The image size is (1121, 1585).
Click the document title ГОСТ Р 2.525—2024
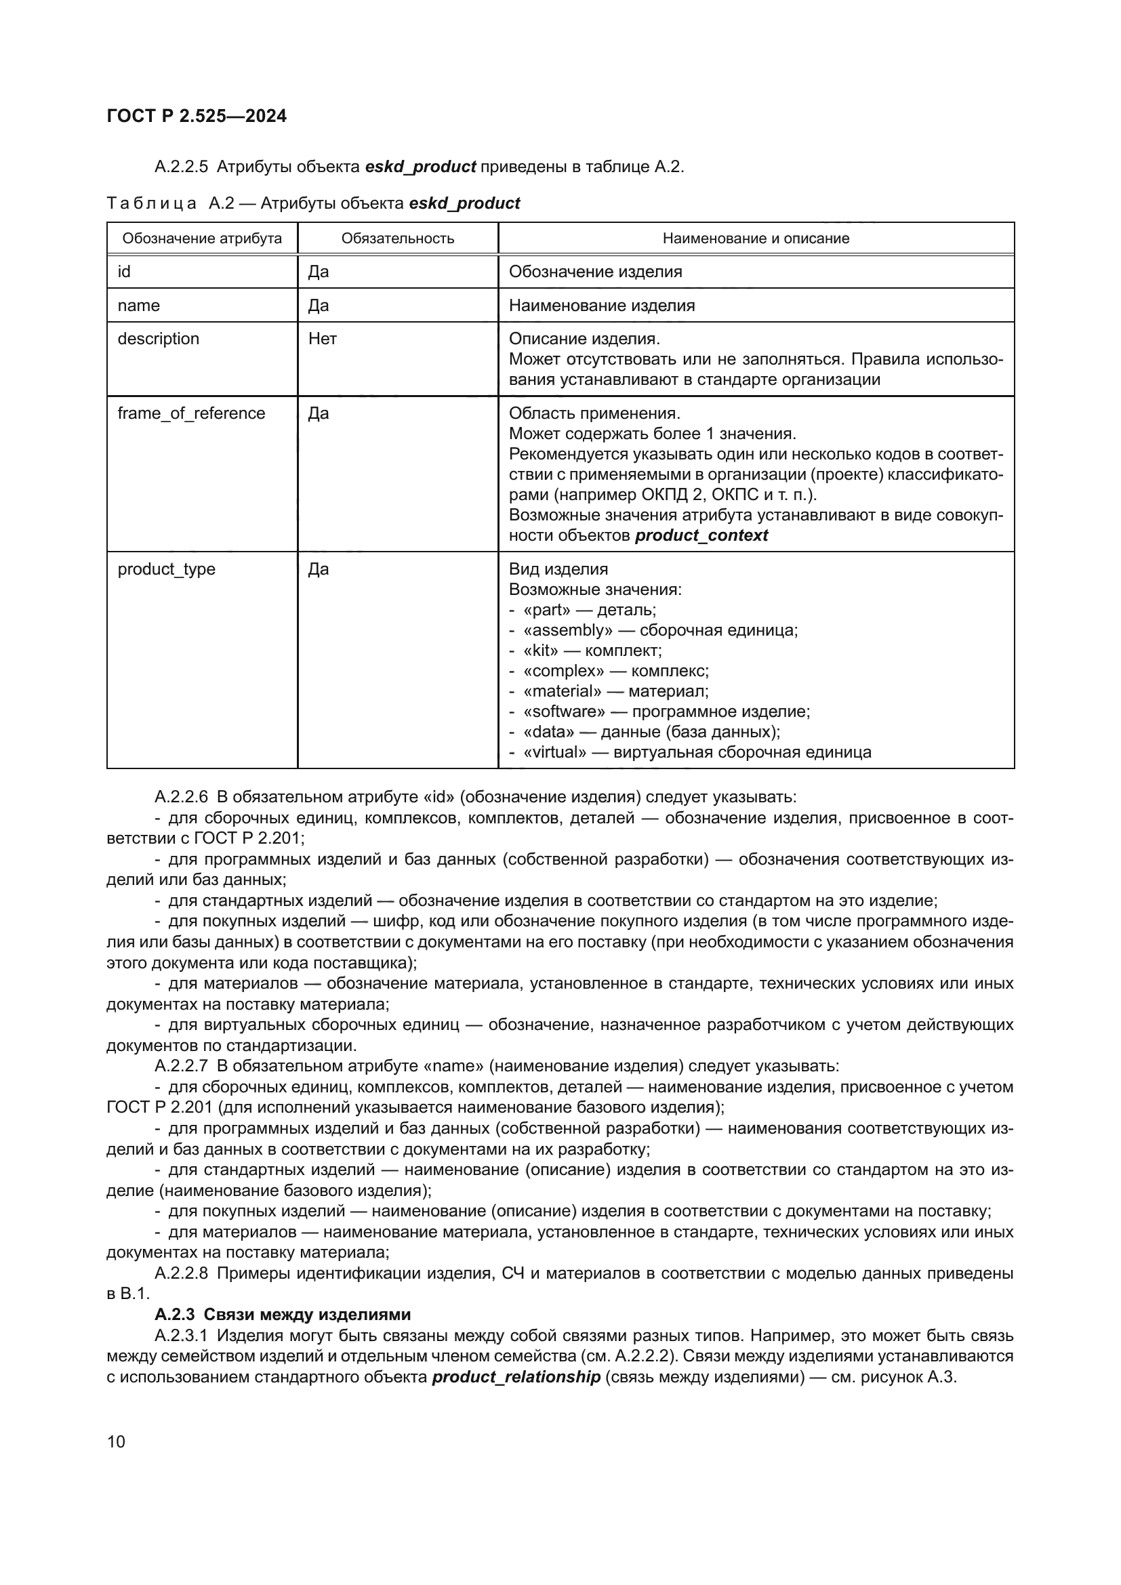click(x=197, y=116)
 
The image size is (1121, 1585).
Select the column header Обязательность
click(x=398, y=239)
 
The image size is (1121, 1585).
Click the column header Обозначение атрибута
click(x=201, y=239)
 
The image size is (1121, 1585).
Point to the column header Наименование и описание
click(x=756, y=239)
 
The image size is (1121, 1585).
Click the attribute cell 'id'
click(x=124, y=272)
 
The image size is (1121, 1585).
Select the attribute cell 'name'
click(x=139, y=306)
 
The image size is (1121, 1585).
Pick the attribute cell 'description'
click(x=158, y=339)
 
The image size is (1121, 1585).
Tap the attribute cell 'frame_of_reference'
click(x=191, y=413)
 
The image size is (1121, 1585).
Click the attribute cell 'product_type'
click(x=166, y=569)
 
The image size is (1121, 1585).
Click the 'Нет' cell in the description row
click(x=323, y=339)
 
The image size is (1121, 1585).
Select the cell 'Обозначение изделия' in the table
click(x=595, y=272)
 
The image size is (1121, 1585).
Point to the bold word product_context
click(x=701, y=536)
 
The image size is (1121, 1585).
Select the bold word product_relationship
click(x=516, y=1377)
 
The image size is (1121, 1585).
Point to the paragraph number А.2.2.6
click(x=181, y=798)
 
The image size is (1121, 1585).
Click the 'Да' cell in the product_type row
click(x=319, y=569)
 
